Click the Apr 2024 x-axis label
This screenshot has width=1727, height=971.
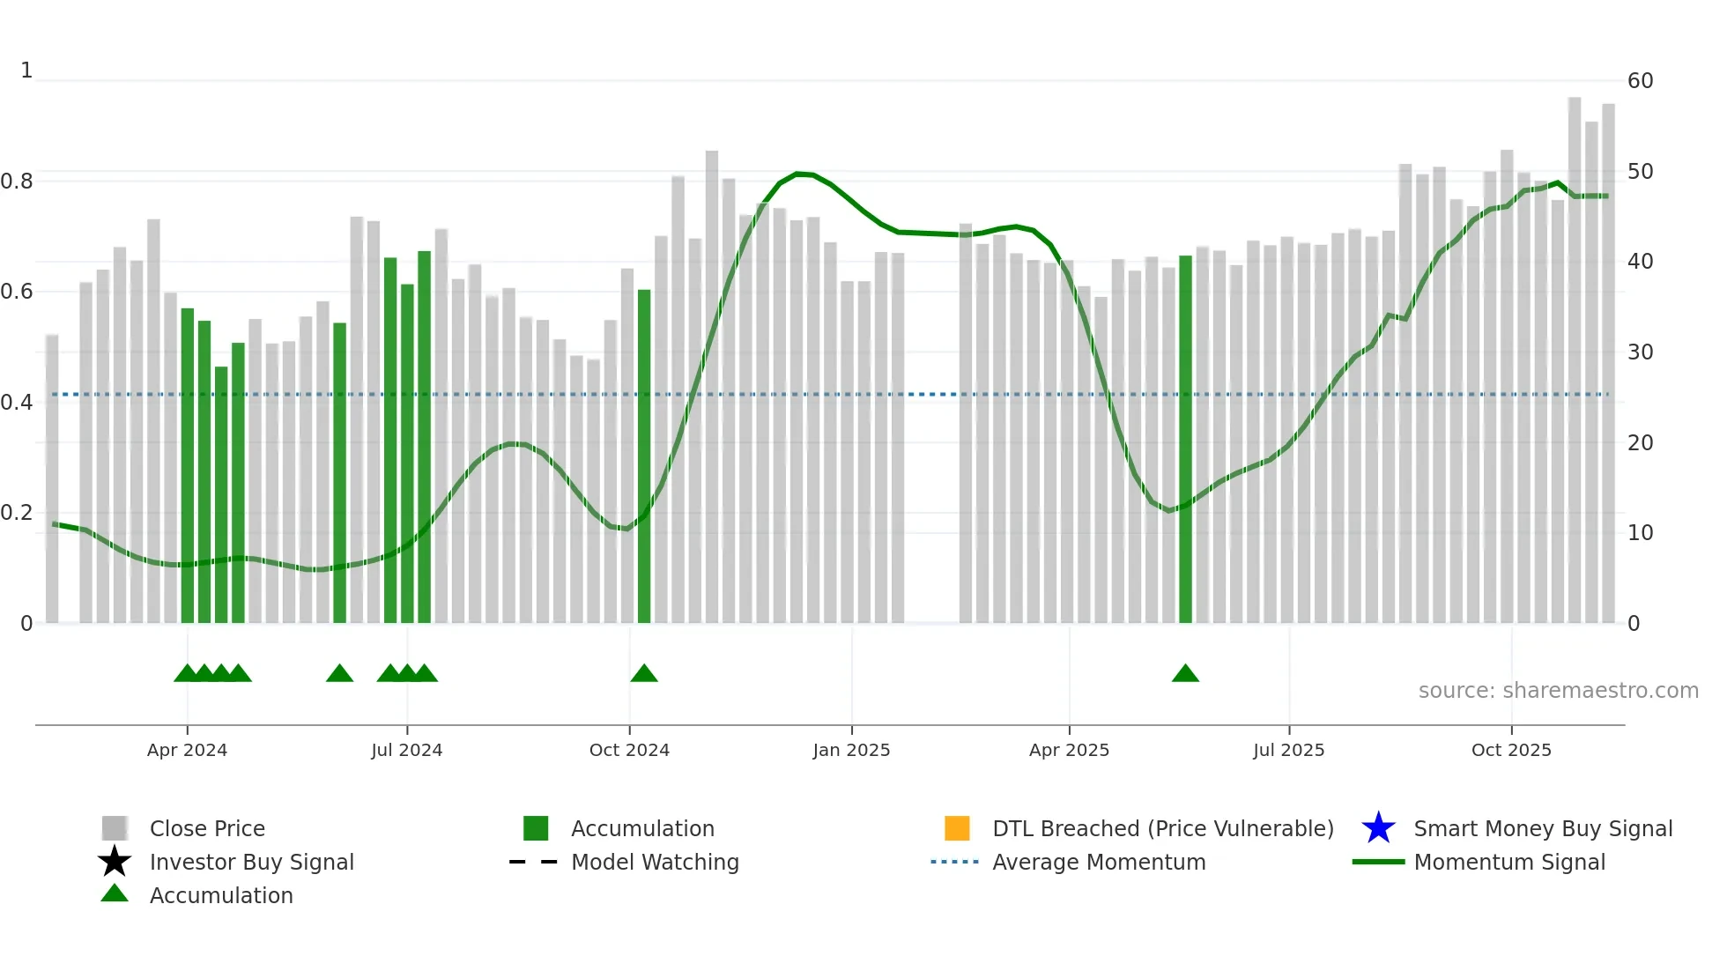pyautogui.click(x=187, y=750)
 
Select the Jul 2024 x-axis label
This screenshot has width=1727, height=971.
pyautogui.click(x=406, y=750)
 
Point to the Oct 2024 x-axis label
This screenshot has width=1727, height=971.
pyautogui.click(x=629, y=750)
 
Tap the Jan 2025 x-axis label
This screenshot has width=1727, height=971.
pyautogui.click(x=851, y=750)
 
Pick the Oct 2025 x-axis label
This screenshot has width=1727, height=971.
pyautogui.click(x=1511, y=750)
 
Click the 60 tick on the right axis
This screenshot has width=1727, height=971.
pyautogui.click(x=1640, y=81)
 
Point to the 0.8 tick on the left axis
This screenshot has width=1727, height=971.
pyautogui.click(x=17, y=182)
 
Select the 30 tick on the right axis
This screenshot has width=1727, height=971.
pyautogui.click(x=1640, y=352)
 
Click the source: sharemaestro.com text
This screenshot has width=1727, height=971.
pyautogui.click(x=1558, y=691)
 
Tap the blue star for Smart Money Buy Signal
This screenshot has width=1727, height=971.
pyautogui.click(x=1378, y=828)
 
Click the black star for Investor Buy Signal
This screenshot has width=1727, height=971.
pyautogui.click(x=115, y=862)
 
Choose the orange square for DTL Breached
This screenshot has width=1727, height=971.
pyautogui.click(x=957, y=828)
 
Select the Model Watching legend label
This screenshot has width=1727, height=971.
pyautogui.click(x=655, y=862)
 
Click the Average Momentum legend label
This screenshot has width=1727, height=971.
pyautogui.click(x=1099, y=862)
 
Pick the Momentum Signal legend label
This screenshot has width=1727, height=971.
pyautogui.click(x=1509, y=862)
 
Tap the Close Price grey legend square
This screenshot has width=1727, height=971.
pyautogui.click(x=115, y=828)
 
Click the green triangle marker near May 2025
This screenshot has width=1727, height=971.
pyautogui.click(x=1185, y=674)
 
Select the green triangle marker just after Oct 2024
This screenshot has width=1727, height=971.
pyautogui.click(x=644, y=674)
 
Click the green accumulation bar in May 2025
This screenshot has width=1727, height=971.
pyautogui.click(x=1185, y=441)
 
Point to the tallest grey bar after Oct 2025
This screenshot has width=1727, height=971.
pyautogui.click(x=1575, y=361)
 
